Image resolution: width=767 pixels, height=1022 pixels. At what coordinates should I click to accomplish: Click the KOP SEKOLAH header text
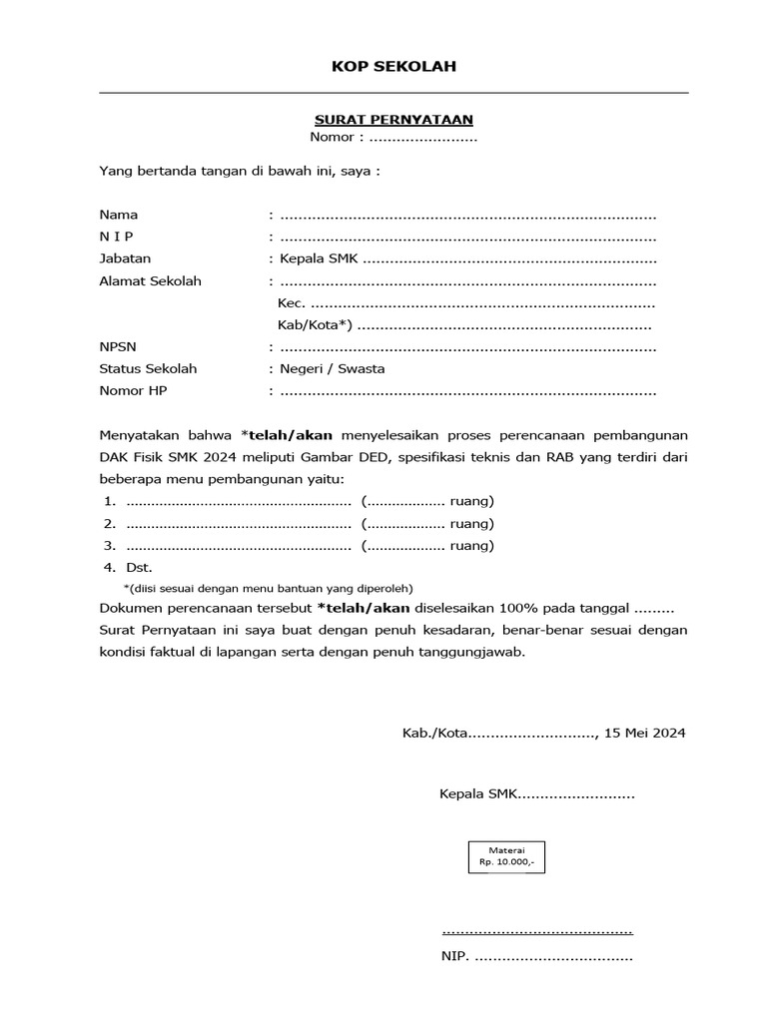(393, 67)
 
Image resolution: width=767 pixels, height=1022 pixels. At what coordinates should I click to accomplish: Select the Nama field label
(119, 215)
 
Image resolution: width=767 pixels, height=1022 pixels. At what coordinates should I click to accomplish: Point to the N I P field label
(116, 237)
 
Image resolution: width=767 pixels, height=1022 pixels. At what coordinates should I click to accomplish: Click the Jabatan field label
(125, 258)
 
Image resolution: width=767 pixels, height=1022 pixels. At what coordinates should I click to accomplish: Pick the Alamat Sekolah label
(150, 280)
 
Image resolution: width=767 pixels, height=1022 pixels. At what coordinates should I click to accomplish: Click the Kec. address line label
(291, 303)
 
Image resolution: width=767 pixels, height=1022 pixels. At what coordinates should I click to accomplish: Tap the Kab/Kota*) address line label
(315, 325)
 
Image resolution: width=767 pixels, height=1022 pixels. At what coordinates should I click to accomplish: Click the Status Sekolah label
(148, 369)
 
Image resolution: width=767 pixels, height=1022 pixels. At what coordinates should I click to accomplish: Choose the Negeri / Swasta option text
(333, 369)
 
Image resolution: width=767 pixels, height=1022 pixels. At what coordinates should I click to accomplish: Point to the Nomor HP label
(133, 391)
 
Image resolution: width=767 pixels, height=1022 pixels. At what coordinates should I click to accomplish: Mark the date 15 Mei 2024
(645, 734)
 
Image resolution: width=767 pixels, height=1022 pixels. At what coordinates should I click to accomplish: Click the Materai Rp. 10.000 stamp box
(506, 856)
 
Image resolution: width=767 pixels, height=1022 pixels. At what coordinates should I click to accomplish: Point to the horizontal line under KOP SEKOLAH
(393, 93)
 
